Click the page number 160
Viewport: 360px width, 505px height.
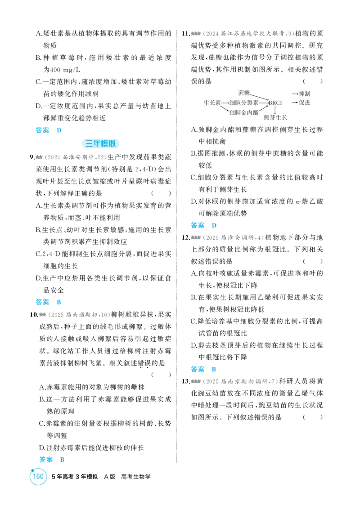(x=38, y=476)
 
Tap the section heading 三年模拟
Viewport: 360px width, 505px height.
(x=100, y=143)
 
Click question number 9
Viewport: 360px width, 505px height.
(x=32, y=157)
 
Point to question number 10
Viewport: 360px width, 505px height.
(x=34, y=314)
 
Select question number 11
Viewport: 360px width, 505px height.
(x=186, y=33)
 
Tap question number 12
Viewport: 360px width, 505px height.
(x=186, y=238)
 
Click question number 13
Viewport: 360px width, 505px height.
(x=186, y=381)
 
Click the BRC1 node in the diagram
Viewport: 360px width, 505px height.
(x=275, y=103)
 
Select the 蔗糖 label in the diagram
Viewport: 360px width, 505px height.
(x=244, y=93)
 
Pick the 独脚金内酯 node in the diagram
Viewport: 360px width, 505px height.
(x=244, y=112)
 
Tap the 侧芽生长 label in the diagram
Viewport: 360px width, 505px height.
(x=275, y=117)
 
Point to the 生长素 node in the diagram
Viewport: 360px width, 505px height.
(x=212, y=103)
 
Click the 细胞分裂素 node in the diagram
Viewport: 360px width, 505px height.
(x=243, y=103)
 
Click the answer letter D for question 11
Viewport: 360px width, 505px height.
(x=214, y=225)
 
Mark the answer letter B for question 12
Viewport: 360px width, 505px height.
(x=214, y=369)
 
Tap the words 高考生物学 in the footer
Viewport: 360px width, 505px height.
(x=136, y=477)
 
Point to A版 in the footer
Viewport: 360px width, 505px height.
(x=110, y=477)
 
